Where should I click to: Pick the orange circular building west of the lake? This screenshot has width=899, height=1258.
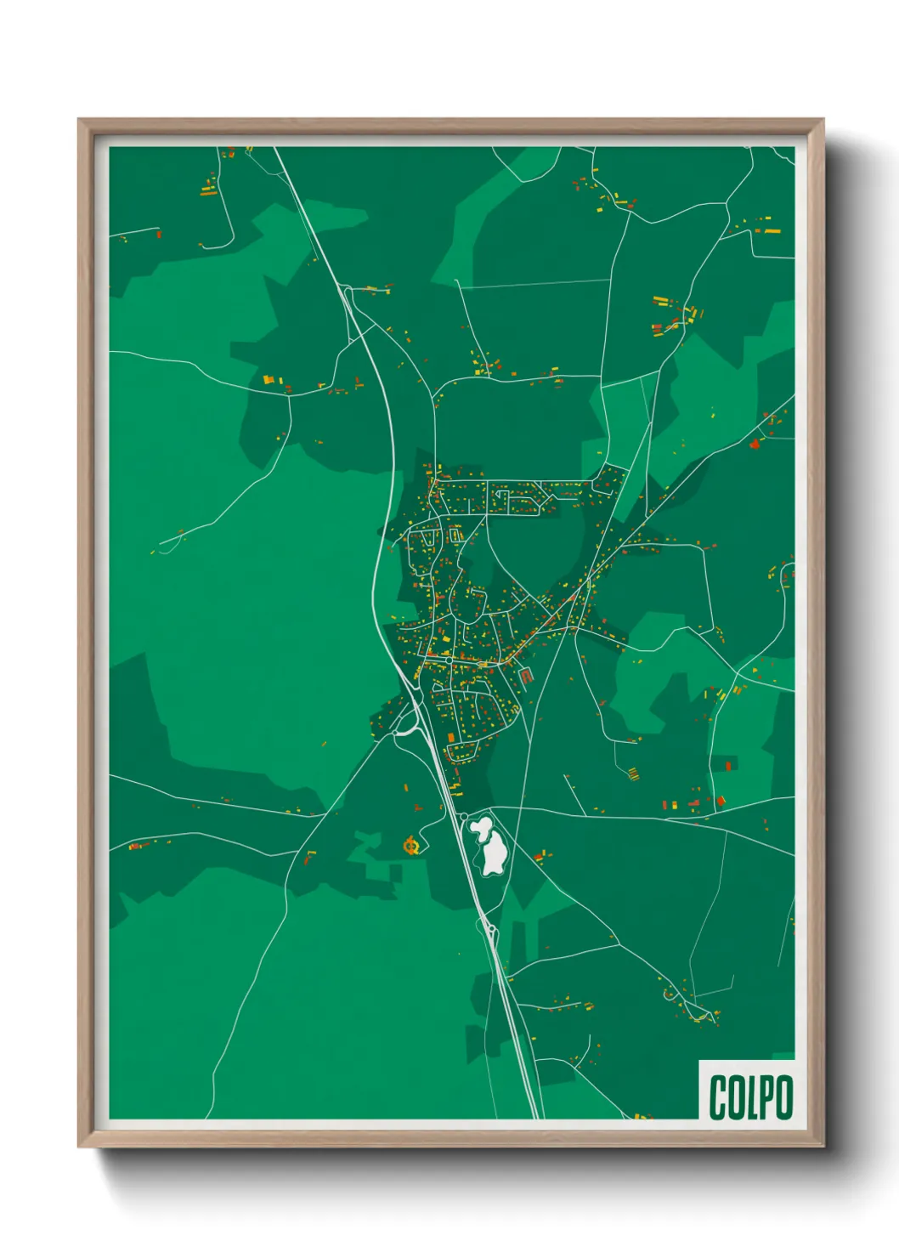click(411, 845)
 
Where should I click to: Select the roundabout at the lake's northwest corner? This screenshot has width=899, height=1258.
click(464, 816)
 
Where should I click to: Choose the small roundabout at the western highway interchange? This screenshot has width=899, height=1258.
click(396, 732)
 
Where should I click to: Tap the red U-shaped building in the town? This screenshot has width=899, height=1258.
click(525, 677)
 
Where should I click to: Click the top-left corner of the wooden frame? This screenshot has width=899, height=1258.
click(80, 121)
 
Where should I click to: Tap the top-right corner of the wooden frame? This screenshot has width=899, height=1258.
click(822, 121)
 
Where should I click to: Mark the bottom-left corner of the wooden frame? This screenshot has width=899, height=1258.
click(80, 1145)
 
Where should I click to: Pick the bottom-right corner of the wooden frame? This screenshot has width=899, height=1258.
click(822, 1145)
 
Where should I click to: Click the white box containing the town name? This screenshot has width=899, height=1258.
click(747, 1090)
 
